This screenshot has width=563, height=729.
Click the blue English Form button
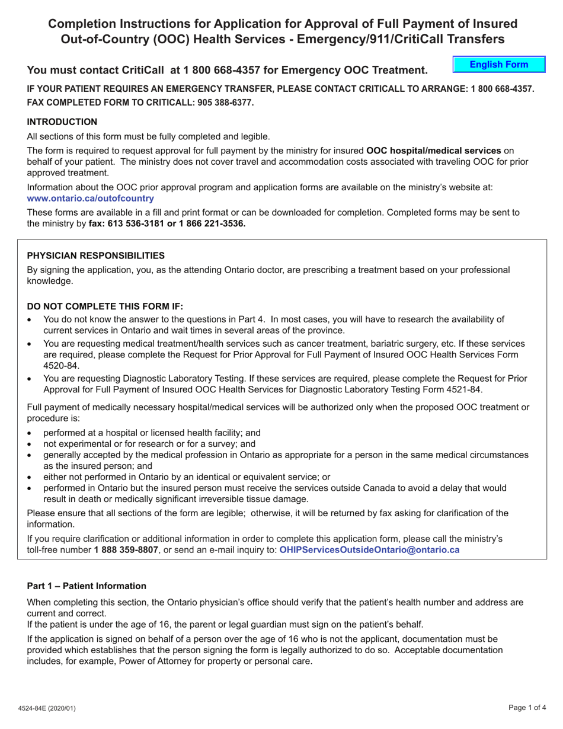coord(498,65)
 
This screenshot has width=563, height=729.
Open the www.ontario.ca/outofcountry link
coord(91,199)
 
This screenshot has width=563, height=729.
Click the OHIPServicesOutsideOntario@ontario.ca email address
coord(369,549)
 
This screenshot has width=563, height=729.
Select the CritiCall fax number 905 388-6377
coord(220,103)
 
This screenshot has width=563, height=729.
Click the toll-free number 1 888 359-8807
coord(126,549)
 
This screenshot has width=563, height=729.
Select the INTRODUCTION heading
coord(62,121)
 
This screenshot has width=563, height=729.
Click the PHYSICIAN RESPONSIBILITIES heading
coord(96,255)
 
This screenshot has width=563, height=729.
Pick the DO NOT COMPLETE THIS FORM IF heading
coord(105,306)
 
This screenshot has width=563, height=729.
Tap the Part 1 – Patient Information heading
coord(87,586)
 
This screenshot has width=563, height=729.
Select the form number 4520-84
coord(61,366)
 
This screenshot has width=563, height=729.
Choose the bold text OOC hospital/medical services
coord(434,151)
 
